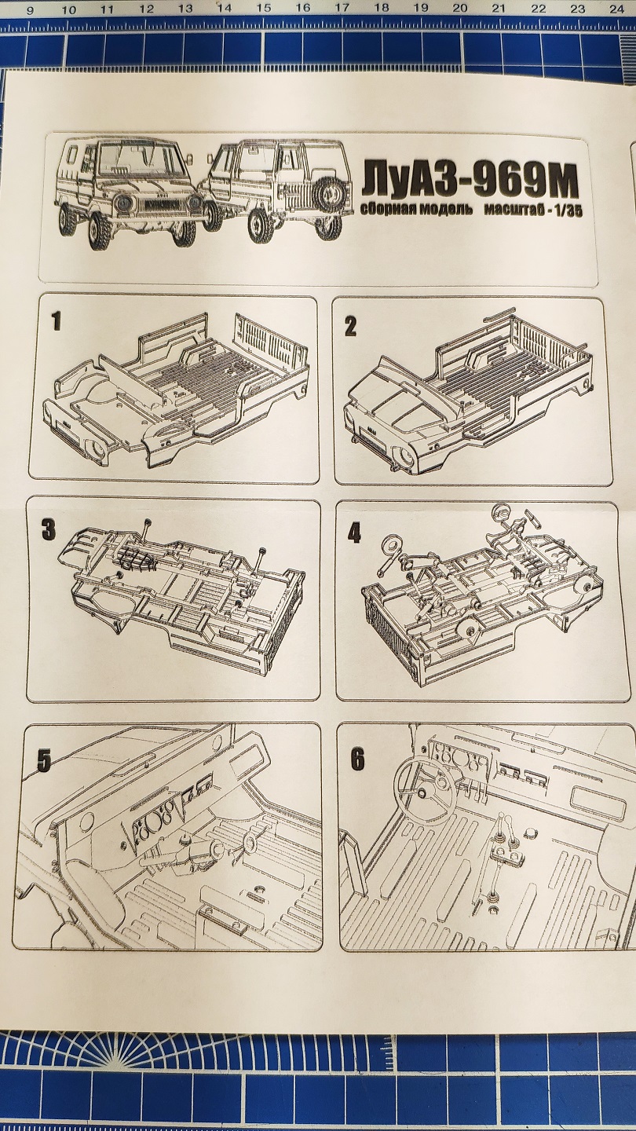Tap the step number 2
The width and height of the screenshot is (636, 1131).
(350, 325)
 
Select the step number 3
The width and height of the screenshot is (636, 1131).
(49, 529)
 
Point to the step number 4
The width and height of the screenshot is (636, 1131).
(355, 533)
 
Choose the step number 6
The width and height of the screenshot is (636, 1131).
(357, 759)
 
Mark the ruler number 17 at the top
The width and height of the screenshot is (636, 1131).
(342, 9)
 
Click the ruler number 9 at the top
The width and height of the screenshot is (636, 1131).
(29, 10)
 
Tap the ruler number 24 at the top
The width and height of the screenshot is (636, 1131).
(616, 9)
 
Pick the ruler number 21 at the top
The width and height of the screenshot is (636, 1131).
(499, 9)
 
